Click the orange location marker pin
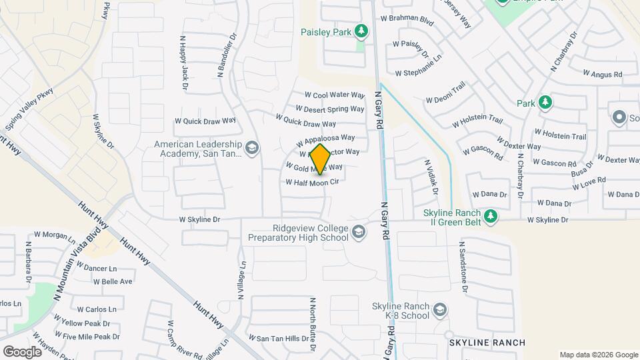(320, 159)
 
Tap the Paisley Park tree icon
(361, 31)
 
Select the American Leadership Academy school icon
(252, 147)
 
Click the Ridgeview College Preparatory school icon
(359, 232)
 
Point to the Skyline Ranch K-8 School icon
(440, 311)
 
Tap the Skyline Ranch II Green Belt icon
(491, 215)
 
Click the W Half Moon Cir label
(313, 182)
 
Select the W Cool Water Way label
(335, 95)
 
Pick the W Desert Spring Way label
(330, 109)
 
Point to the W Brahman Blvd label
(407, 21)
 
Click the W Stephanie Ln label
(419, 73)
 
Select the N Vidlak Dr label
(431, 176)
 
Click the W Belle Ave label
(113, 281)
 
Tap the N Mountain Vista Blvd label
(79, 266)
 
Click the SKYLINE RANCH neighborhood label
(487, 343)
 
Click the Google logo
(22, 351)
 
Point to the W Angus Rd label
(602, 73)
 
